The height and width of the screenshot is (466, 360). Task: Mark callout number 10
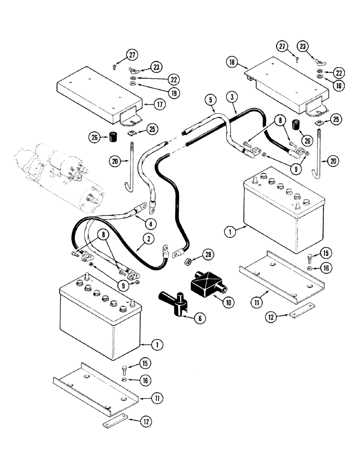228,302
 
